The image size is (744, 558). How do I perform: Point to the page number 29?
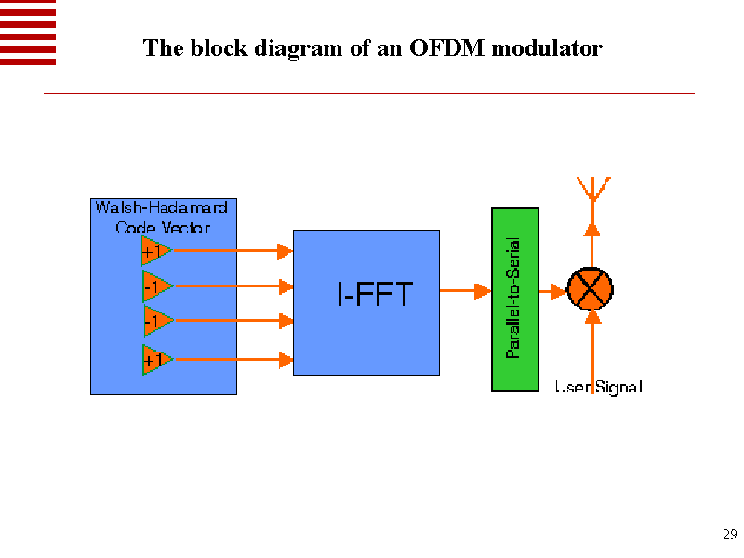pos(729,535)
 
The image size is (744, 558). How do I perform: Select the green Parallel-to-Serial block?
pos(514,298)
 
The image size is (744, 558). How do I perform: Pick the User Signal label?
pos(598,387)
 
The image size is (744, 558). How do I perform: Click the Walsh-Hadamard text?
pos(161,207)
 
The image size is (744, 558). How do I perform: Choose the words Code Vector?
pos(163,228)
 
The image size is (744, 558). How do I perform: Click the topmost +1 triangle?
pos(153,250)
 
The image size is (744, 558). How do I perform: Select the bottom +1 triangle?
pos(153,359)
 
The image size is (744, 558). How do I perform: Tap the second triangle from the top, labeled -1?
pos(153,286)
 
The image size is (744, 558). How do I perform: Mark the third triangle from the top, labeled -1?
pos(153,321)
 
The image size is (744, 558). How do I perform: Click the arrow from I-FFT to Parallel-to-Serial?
pos(464,291)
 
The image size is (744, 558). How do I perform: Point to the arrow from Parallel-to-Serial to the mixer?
pos(552,292)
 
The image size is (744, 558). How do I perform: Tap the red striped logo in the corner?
pos(28,32)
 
